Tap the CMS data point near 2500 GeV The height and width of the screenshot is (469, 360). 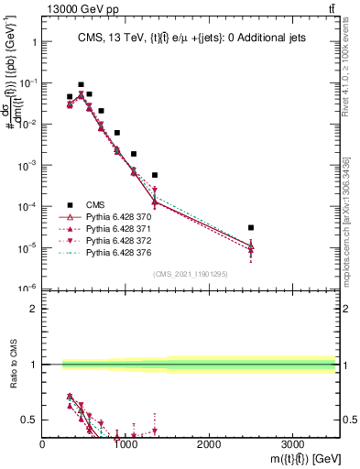251,227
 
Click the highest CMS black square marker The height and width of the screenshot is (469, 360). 81,84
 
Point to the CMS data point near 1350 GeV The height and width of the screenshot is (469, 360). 155,175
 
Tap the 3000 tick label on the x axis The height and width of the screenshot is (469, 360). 292,444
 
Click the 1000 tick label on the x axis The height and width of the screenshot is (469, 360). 126,444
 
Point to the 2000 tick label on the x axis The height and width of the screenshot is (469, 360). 209,444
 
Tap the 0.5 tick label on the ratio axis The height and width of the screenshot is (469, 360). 28,420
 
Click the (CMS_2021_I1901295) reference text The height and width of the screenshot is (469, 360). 190,274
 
